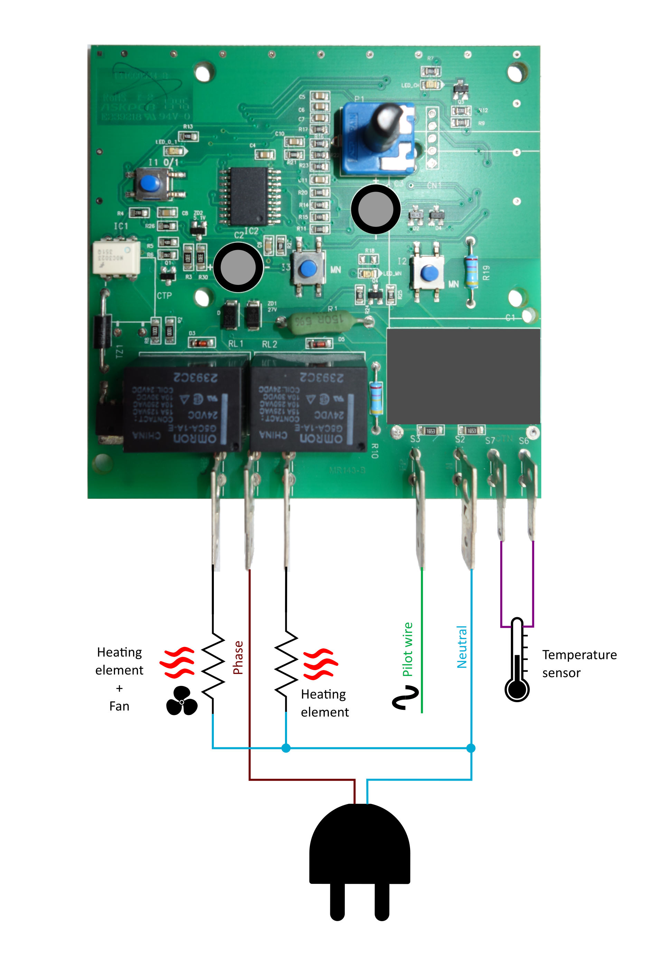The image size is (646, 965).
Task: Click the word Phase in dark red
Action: (238, 658)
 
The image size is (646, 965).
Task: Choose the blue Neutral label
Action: (462, 647)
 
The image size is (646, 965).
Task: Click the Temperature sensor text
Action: (579, 663)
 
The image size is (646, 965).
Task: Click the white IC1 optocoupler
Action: (116, 257)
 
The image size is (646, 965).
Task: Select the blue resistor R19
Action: (471, 271)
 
